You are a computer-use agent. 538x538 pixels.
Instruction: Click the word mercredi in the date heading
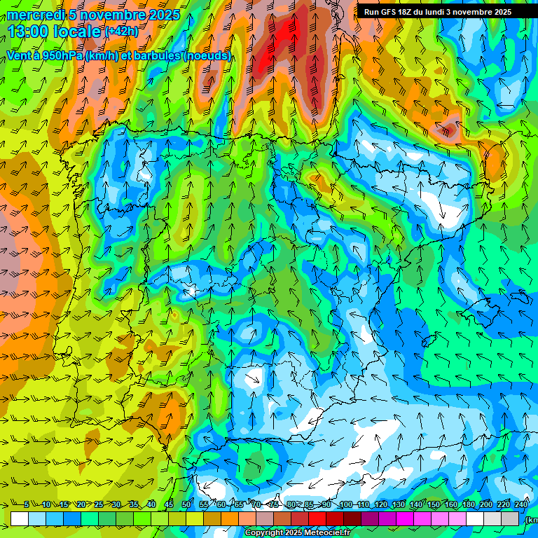[36, 15]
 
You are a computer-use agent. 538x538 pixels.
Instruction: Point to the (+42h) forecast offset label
[121, 31]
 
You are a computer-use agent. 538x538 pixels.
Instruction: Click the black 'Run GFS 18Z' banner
[437, 12]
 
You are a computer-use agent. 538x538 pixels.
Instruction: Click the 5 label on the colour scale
[27, 505]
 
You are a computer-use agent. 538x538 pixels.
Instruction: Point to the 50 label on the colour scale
[186, 505]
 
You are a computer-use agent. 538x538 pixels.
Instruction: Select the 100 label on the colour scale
[345, 505]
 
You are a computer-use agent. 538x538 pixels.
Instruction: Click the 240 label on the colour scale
[521, 505]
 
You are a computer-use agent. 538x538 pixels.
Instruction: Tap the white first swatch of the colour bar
[20, 518]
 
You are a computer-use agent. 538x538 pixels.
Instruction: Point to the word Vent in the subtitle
[20, 55]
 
